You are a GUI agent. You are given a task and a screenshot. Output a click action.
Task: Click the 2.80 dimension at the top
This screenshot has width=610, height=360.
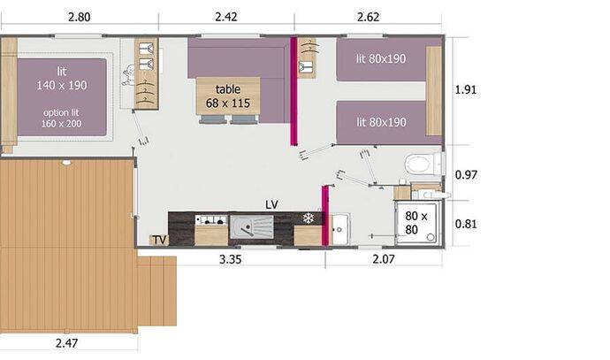79,17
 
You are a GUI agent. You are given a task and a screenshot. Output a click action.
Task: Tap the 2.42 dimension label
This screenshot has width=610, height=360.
226,17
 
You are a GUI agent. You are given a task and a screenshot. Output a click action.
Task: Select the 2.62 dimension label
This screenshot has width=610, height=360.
368,17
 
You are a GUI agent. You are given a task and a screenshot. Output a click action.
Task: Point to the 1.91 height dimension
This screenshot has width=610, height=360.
466,89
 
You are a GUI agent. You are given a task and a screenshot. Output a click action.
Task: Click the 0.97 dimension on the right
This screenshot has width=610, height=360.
466,175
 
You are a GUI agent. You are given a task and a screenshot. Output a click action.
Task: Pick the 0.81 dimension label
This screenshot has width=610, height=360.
466,224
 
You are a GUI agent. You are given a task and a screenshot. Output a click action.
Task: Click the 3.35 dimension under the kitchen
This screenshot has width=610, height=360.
231,259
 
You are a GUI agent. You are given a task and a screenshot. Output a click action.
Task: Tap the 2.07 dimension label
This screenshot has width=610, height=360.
384,259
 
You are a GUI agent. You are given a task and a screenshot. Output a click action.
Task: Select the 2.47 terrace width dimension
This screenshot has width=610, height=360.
66,343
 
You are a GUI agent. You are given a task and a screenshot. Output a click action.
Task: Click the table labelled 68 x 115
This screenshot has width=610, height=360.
228,96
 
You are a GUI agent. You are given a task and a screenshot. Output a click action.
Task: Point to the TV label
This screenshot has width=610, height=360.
159,240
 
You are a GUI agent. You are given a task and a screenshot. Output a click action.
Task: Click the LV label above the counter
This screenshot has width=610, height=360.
271,204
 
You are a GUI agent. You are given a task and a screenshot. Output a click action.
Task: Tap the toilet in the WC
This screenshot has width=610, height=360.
423,164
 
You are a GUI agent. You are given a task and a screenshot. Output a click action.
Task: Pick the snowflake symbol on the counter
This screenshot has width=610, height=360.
309,218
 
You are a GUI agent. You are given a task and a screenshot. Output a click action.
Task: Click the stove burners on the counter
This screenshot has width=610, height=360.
211,220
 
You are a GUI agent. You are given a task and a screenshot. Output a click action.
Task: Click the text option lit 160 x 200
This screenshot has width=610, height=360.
62,118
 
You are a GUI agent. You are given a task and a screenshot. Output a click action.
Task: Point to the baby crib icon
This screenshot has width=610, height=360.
127,75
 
